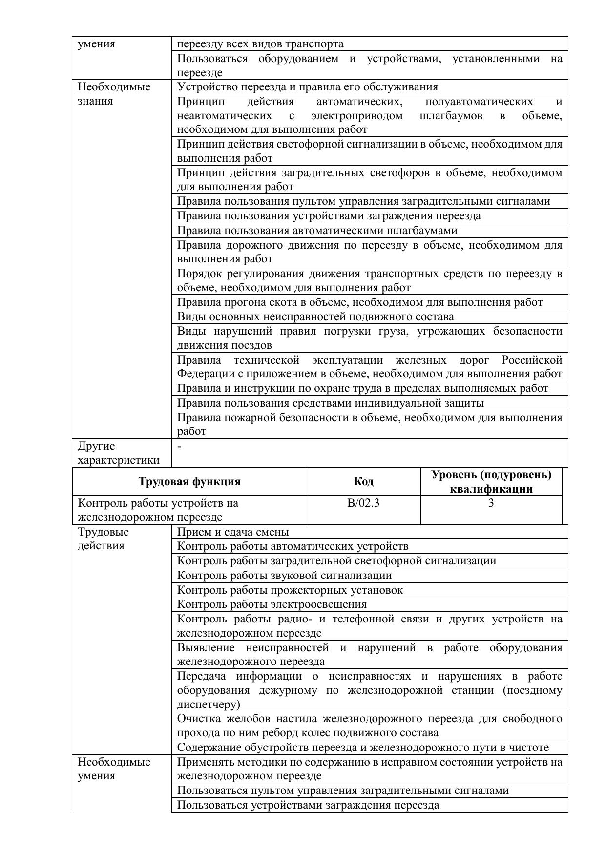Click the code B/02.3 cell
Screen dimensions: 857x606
(x=363, y=503)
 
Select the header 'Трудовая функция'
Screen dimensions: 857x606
(x=189, y=482)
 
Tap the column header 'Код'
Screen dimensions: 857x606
(x=363, y=482)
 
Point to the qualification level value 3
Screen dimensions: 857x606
(x=491, y=503)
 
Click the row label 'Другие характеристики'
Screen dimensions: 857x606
(x=118, y=453)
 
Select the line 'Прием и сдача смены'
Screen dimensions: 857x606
(x=233, y=532)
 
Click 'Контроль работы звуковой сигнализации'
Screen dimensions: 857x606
(x=284, y=576)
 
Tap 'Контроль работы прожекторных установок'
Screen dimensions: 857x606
(x=290, y=590)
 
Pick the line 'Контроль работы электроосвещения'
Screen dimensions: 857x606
(x=272, y=604)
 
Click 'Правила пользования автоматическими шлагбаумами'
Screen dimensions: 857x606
(x=317, y=231)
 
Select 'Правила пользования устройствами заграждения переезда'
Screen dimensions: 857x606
(x=329, y=216)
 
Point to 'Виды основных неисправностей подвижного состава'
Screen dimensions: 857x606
(x=315, y=317)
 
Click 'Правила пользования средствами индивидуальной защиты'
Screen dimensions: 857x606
(x=331, y=403)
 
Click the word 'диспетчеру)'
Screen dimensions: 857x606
(x=209, y=704)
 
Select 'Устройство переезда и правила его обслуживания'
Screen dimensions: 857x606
(x=308, y=87)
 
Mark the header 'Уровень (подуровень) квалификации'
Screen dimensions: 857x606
(x=491, y=482)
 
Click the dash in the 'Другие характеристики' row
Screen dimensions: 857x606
(x=180, y=446)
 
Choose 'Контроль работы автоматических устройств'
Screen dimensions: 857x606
(x=293, y=546)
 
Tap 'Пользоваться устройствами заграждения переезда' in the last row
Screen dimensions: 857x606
(x=308, y=805)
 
